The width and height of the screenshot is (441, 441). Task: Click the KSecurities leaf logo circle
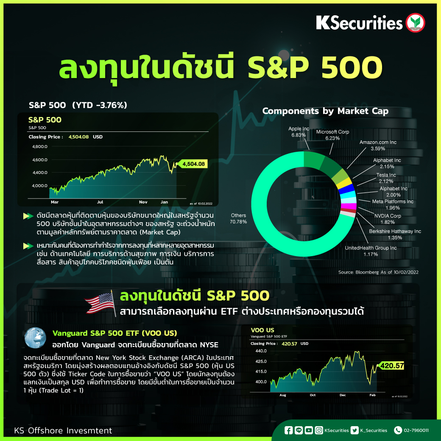(x=415, y=23)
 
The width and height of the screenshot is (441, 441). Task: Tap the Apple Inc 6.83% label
(x=299, y=132)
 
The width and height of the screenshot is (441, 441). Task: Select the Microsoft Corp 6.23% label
(x=332, y=135)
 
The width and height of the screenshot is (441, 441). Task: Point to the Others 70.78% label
(x=238, y=218)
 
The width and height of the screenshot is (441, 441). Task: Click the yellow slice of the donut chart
(x=345, y=183)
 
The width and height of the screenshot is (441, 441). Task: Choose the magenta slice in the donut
(x=349, y=206)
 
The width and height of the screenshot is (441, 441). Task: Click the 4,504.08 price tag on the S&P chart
(x=193, y=164)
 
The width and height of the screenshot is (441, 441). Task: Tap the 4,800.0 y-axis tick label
(x=40, y=147)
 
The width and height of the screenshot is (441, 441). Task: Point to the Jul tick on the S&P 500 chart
(x=100, y=202)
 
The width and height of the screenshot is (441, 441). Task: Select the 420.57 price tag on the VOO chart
(x=391, y=366)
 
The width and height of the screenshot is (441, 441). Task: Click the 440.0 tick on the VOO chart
(x=261, y=351)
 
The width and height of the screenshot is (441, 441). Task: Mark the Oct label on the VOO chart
(x=313, y=395)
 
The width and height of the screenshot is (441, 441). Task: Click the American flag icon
(x=100, y=303)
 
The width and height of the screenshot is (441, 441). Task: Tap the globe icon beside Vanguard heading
(x=35, y=338)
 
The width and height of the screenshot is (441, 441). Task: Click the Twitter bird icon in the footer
(x=354, y=430)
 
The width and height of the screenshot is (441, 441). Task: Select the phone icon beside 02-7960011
(x=398, y=430)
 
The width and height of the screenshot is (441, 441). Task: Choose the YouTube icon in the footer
(x=309, y=430)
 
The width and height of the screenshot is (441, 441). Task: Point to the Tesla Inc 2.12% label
(x=386, y=178)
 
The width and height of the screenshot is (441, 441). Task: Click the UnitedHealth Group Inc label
(x=371, y=251)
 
